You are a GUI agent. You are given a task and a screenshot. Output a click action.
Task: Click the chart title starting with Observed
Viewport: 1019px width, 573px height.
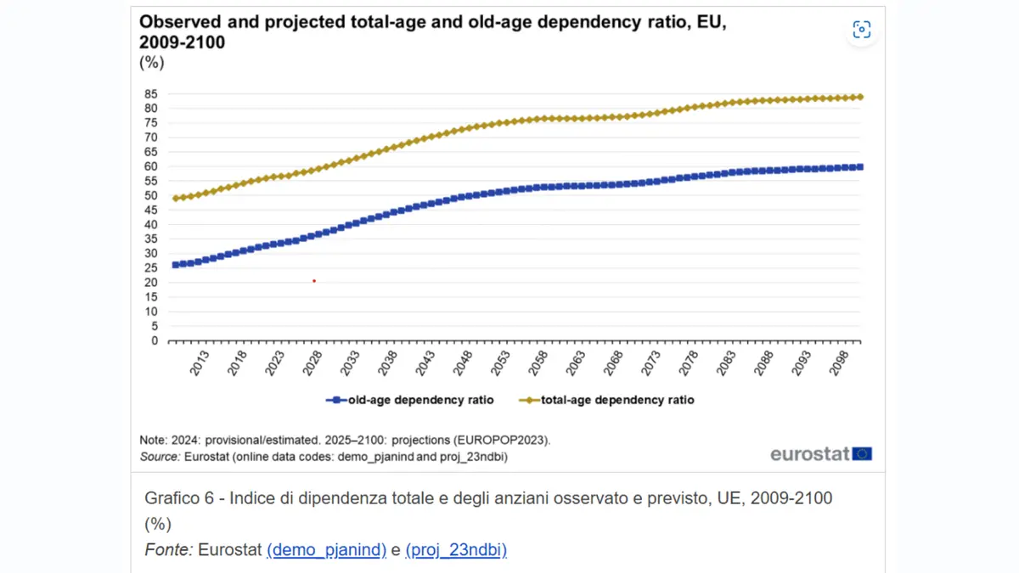click(x=433, y=31)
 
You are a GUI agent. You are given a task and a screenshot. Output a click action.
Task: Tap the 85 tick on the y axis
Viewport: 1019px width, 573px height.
click(x=150, y=93)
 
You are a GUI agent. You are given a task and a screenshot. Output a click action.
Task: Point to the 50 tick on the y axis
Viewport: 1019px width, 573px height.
click(x=150, y=195)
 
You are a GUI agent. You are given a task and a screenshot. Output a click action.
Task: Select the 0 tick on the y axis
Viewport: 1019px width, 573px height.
click(x=154, y=340)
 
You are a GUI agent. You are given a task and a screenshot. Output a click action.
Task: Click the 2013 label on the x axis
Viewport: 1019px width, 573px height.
click(x=199, y=363)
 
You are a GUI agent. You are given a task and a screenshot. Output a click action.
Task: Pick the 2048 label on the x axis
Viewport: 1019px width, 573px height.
click(x=464, y=363)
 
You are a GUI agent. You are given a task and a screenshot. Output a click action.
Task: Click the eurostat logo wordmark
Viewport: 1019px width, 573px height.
click(x=810, y=454)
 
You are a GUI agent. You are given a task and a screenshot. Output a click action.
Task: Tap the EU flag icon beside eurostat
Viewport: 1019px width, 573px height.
click(x=862, y=454)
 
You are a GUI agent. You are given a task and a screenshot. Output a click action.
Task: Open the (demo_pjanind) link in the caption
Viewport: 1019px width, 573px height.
click(x=326, y=550)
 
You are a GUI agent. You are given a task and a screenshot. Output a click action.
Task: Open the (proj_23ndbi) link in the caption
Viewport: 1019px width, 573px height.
click(x=456, y=550)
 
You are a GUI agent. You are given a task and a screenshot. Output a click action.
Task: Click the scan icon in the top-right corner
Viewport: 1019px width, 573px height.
click(x=862, y=31)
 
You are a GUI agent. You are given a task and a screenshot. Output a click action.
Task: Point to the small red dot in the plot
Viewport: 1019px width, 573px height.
click(x=314, y=281)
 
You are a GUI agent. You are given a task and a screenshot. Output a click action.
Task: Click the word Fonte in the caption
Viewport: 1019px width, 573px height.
click(x=168, y=550)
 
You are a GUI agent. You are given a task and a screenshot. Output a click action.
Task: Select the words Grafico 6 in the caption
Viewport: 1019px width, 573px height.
click(x=178, y=498)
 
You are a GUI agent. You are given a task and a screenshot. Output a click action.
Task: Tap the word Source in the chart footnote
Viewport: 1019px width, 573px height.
click(x=160, y=457)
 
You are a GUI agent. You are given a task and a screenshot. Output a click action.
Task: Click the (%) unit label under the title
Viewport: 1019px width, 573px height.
click(x=151, y=62)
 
